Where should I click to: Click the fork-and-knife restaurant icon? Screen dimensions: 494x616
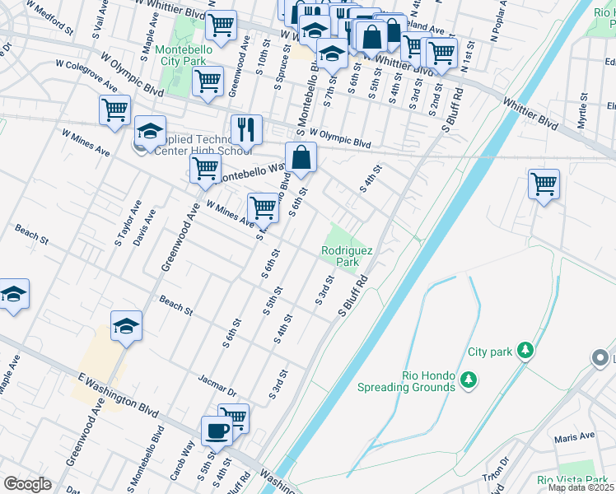pyautogui.click(x=246, y=129)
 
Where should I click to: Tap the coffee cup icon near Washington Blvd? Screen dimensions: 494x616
pyautogui.click(x=217, y=431)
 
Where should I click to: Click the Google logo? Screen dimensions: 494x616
pyautogui.click(x=27, y=483)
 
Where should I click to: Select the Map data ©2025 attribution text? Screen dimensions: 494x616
pyautogui.click(x=580, y=487)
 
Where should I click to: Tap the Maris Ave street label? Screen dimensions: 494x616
pyautogui.click(x=574, y=436)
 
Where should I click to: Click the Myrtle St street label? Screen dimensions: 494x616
pyautogui.click(x=582, y=108)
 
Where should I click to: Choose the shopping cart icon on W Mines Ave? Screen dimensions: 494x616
pyautogui.click(x=262, y=207)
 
